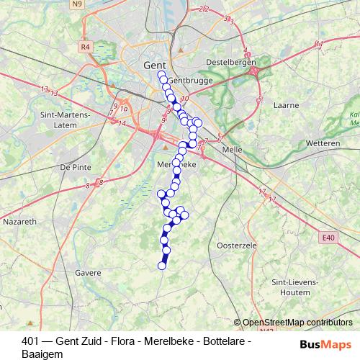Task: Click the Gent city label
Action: tap(155, 65)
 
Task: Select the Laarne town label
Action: tap(286, 104)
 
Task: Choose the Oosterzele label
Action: tap(236, 246)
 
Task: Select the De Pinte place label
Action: tap(75, 166)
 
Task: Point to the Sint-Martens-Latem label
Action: tap(65, 120)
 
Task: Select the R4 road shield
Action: tap(86, 47)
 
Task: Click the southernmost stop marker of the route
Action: tap(162, 266)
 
